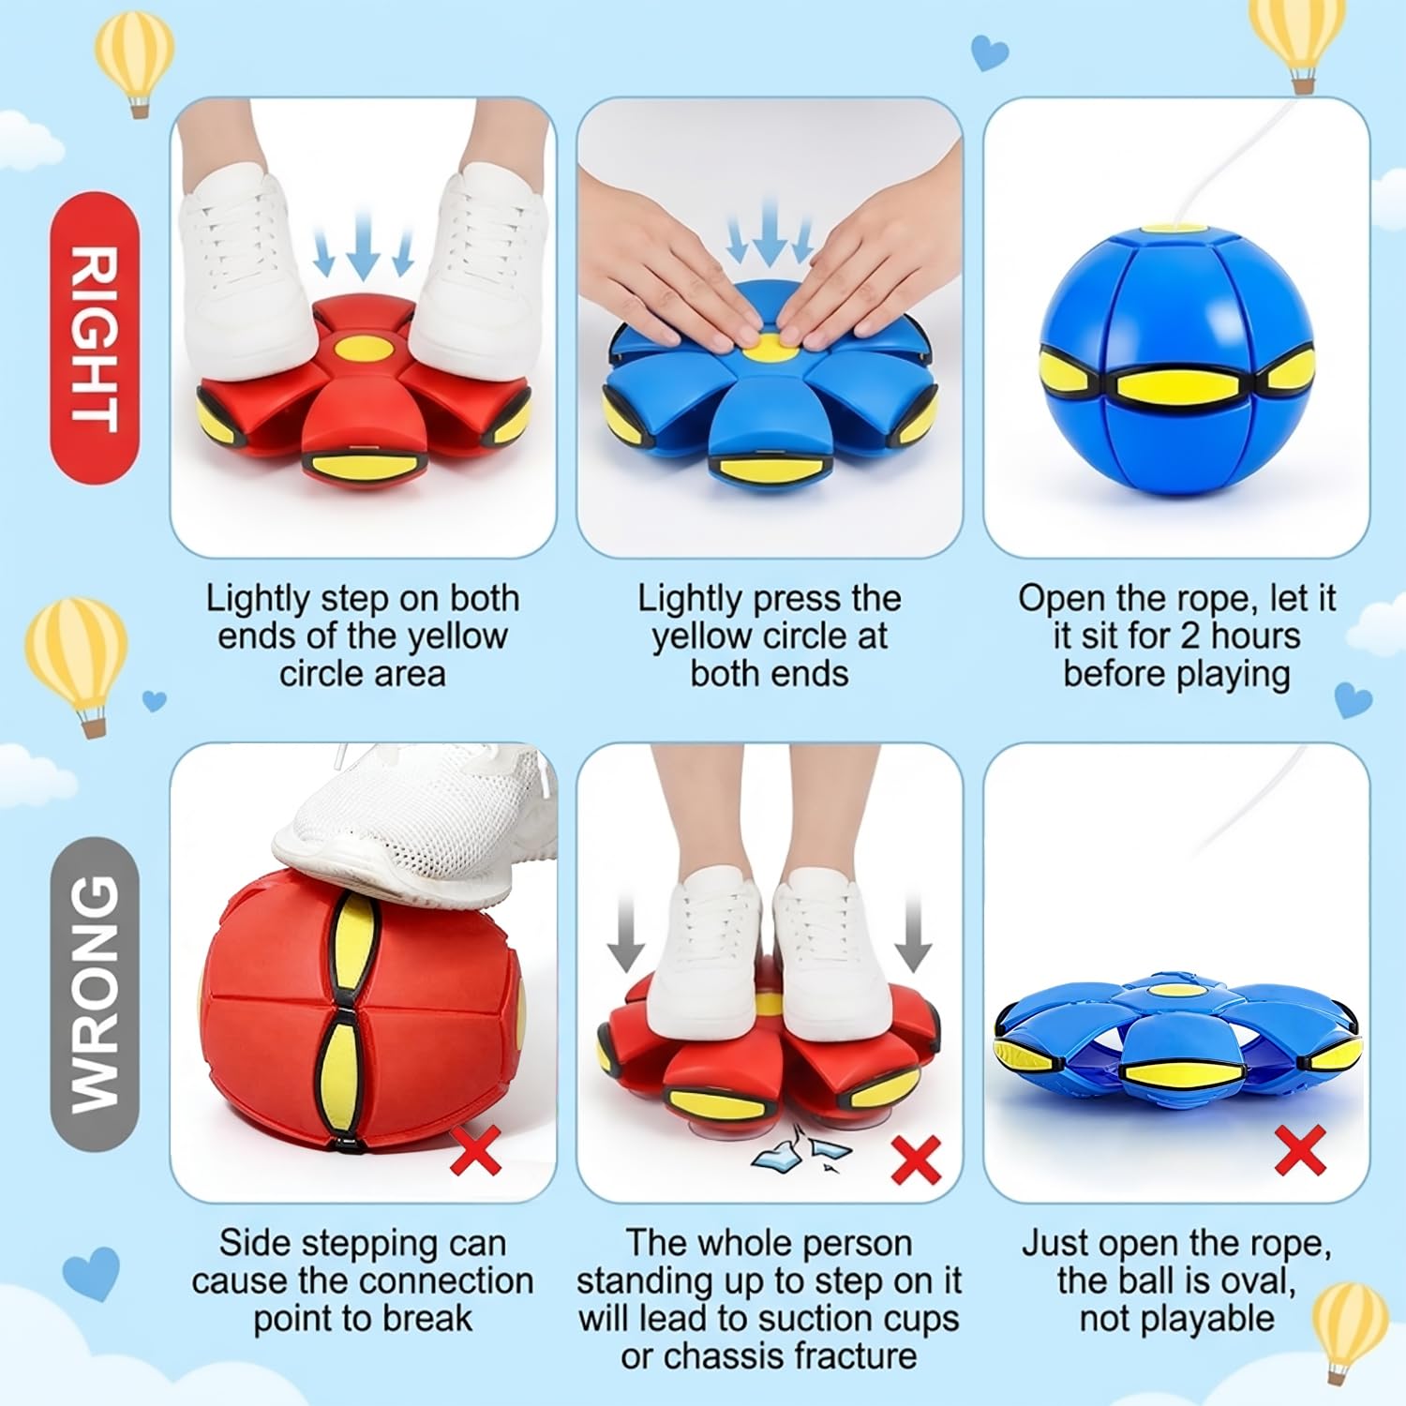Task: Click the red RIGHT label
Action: click(x=94, y=337)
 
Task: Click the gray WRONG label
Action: click(x=94, y=994)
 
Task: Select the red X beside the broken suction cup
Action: click(x=915, y=1160)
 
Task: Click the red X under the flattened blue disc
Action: click(x=1300, y=1150)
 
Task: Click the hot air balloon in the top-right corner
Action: click(x=1303, y=42)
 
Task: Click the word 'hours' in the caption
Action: click(x=1256, y=636)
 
